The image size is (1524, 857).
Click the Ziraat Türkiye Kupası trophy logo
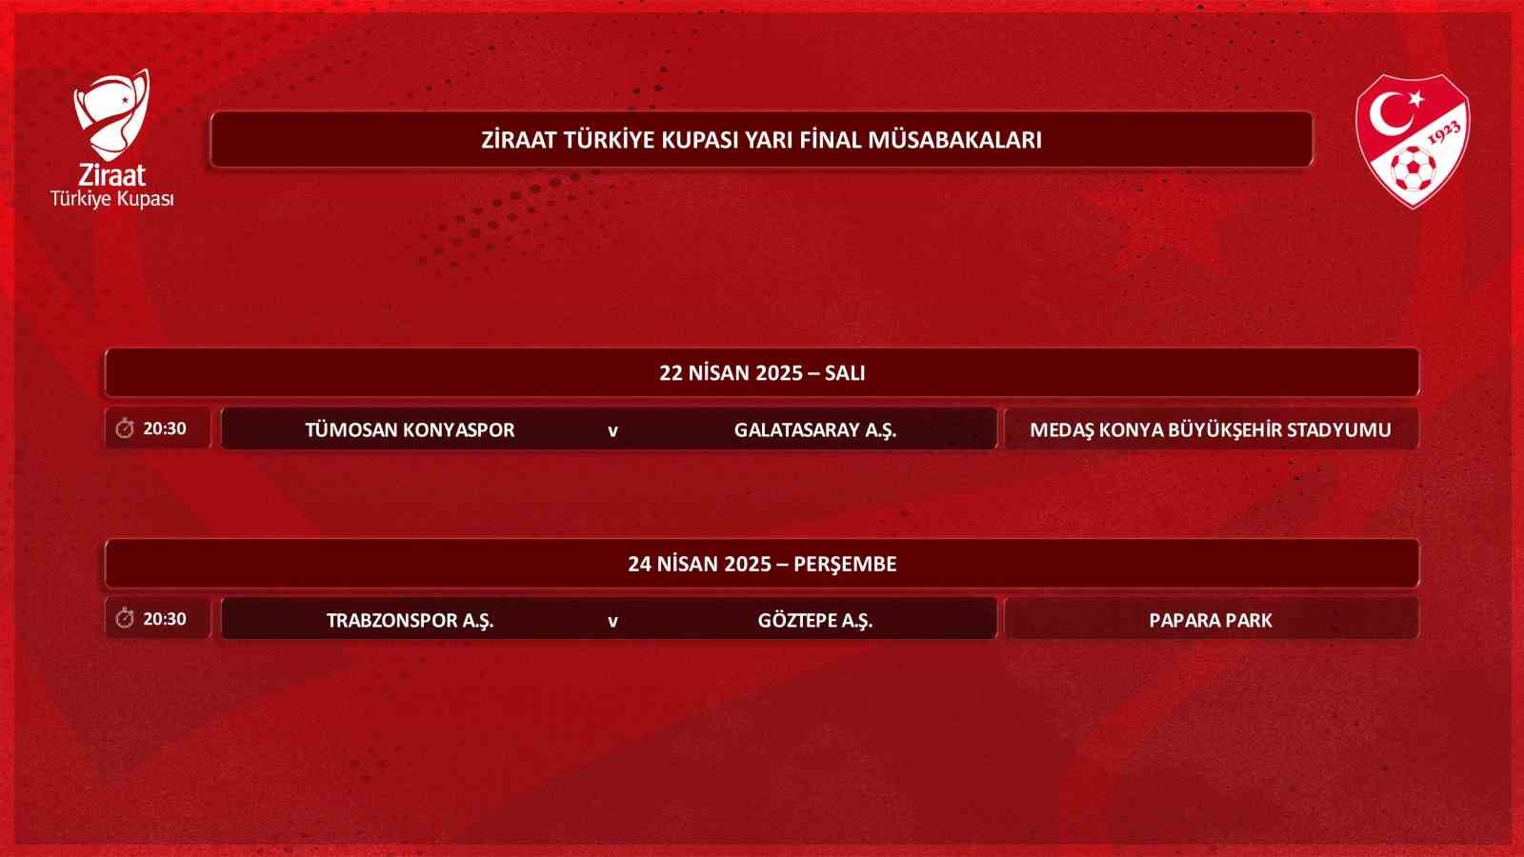click(112, 114)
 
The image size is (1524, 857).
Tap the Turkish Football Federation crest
click(1413, 140)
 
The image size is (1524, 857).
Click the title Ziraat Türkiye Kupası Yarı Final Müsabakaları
click(761, 140)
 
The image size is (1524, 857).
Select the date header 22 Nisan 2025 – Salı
click(762, 372)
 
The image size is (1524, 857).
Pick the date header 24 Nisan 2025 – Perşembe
click(762, 564)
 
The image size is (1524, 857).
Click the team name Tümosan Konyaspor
click(410, 429)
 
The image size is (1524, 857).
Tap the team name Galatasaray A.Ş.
click(814, 429)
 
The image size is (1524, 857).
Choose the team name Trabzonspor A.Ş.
click(410, 620)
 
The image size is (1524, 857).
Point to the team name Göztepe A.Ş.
click(814, 620)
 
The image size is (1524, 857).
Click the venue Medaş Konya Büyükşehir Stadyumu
click(1210, 429)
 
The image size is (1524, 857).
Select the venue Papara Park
click(1210, 620)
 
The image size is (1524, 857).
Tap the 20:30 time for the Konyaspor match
click(165, 428)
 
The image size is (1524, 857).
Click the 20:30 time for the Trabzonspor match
click(165, 619)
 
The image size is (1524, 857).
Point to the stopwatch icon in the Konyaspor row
click(125, 428)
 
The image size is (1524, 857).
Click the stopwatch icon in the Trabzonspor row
click(125, 619)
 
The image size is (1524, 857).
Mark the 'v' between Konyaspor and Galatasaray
click(612, 430)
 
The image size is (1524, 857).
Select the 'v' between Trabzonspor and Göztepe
click(612, 621)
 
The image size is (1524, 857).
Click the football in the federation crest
click(1411, 169)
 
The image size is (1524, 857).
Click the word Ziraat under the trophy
click(111, 175)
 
